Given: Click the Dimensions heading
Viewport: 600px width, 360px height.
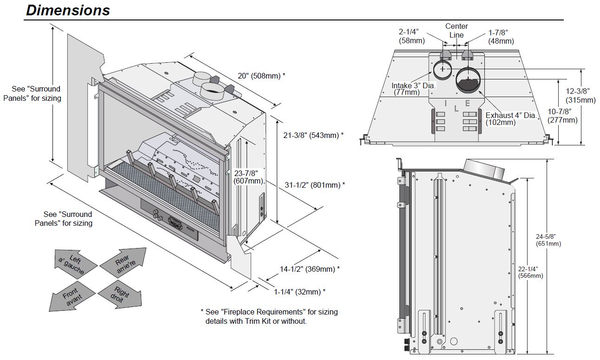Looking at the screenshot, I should pos(68,10).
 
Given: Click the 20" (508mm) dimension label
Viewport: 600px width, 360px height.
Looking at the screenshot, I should pos(261,75).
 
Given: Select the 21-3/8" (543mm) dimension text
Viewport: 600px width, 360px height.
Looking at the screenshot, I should pos(313,135).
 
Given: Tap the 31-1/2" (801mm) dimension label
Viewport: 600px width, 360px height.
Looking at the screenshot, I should pos(314,184).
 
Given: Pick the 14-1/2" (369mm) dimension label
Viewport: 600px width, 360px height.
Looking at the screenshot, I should pos(310,269).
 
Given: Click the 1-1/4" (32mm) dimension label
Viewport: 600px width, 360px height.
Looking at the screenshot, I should pos(300,292).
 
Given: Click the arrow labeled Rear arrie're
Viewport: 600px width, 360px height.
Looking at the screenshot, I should pos(123,263).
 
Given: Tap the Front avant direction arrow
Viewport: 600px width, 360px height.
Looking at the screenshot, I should pos(72,295).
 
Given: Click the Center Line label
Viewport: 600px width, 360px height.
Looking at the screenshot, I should pos(457,31).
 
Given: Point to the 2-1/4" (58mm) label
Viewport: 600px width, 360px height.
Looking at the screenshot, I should pos(409,36).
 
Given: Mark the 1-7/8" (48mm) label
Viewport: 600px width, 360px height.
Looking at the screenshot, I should pos(501,37).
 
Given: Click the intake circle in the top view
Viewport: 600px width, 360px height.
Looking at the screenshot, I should pos(442,69).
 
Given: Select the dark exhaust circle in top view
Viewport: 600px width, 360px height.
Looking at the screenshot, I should pos(468,80).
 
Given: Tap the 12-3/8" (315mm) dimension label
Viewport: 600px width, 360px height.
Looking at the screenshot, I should pos(580,96).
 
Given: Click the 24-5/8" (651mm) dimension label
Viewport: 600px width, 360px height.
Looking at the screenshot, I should pos(548,240).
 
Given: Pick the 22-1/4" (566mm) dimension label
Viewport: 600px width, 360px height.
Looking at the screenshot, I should pos(530,272).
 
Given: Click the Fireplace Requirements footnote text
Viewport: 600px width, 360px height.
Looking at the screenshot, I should pos(269,316).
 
